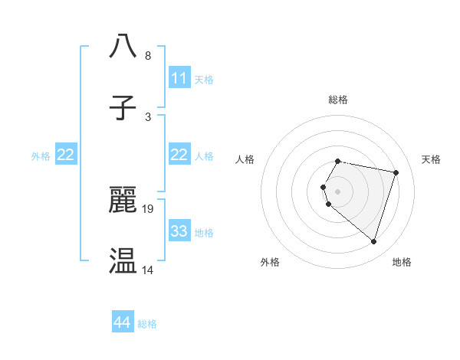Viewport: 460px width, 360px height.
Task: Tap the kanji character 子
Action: [123, 107]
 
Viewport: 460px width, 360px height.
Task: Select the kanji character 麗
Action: [123, 199]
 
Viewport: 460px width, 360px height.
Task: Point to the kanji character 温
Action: [123, 260]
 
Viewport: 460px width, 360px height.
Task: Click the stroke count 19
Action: [149, 208]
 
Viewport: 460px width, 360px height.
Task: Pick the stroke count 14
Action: [149, 270]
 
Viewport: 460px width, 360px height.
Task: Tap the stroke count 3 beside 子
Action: [148, 116]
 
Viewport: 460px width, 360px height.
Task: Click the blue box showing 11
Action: [179, 78]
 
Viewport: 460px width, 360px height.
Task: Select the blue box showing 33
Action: [179, 231]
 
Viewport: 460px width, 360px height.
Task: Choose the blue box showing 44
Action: [122, 323]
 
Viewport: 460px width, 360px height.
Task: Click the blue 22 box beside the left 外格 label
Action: [65, 155]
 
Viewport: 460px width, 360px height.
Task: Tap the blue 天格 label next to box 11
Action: [203, 79]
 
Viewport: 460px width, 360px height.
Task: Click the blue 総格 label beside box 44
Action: [147, 324]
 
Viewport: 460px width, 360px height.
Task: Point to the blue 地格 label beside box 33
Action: [203, 232]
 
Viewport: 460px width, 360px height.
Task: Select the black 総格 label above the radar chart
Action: [338, 100]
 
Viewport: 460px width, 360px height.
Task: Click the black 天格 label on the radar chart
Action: [431, 159]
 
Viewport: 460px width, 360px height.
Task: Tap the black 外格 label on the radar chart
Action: [270, 262]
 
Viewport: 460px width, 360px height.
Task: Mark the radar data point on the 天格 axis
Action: [396, 172]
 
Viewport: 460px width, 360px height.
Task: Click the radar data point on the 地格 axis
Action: [373, 241]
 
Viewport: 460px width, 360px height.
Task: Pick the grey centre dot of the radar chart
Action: [338, 191]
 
